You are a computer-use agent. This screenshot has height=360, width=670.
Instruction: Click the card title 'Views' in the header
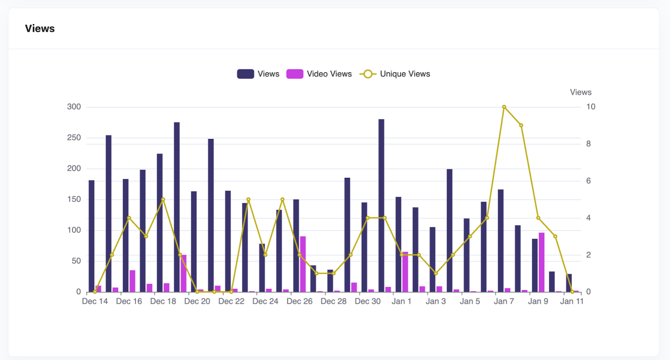40,28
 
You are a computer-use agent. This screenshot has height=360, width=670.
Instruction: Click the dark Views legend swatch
245,74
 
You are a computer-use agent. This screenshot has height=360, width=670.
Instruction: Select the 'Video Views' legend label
329,74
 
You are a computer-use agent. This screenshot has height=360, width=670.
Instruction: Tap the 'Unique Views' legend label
405,74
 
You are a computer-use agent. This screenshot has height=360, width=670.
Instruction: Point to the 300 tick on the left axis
74,107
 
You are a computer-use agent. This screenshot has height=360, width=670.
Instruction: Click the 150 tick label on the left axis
74,199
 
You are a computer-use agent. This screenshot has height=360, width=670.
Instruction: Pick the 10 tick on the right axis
590,107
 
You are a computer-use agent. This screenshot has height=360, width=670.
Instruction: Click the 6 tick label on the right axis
588,181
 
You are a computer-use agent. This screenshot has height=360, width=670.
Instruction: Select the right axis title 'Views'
580,92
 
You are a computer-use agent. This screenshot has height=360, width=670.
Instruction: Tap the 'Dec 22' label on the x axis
231,301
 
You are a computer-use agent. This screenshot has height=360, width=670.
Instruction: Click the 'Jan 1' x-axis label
402,301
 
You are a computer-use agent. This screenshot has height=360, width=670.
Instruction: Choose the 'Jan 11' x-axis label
572,301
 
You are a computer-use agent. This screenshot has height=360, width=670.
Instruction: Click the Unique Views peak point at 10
504,107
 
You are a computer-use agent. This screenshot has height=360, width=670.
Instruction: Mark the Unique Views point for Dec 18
163,200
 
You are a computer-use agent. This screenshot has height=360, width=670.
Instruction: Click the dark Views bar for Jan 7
501,241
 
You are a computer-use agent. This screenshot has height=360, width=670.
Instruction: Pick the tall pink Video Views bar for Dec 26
303,264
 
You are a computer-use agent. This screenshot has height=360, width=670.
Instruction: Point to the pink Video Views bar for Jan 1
405,272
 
